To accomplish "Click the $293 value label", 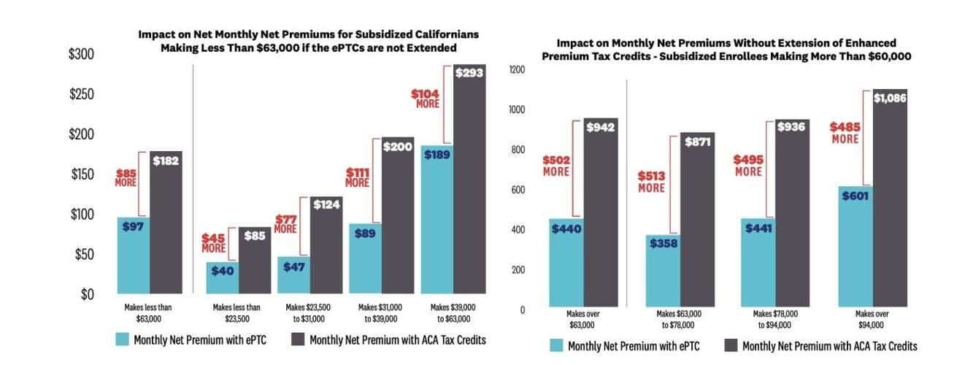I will (469, 73).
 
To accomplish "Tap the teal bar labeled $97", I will (133, 255).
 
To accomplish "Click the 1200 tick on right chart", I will (517, 70).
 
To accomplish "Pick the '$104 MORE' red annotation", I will (425, 99).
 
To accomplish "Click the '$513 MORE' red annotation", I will (652, 182).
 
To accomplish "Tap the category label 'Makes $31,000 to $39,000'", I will (374, 313).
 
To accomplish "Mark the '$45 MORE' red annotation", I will (213, 242).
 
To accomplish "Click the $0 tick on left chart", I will (88, 294).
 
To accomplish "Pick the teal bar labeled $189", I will (436, 220).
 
